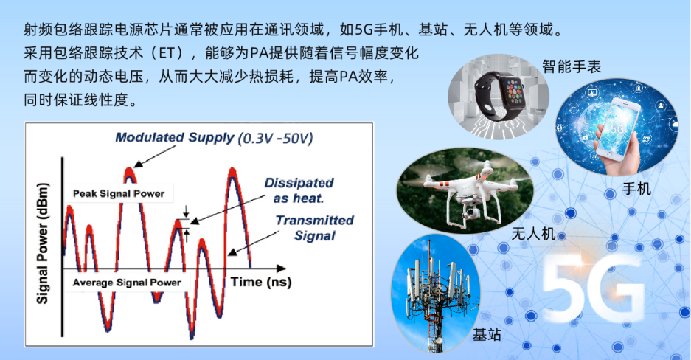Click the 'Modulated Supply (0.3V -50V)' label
click(x=214, y=138)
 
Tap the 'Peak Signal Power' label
click(x=119, y=193)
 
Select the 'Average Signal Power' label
click(x=127, y=283)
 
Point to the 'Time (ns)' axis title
click(x=261, y=282)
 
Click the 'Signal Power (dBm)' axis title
click(x=42, y=243)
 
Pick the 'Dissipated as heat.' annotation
click(x=299, y=190)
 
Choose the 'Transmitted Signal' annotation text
click(x=315, y=228)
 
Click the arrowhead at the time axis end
click(x=281, y=269)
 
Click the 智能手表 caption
click(x=572, y=67)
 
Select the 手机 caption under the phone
click(x=636, y=189)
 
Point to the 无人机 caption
click(x=533, y=234)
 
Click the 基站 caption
click(x=487, y=335)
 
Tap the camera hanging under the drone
click(x=470, y=212)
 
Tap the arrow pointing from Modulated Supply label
click(x=155, y=156)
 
